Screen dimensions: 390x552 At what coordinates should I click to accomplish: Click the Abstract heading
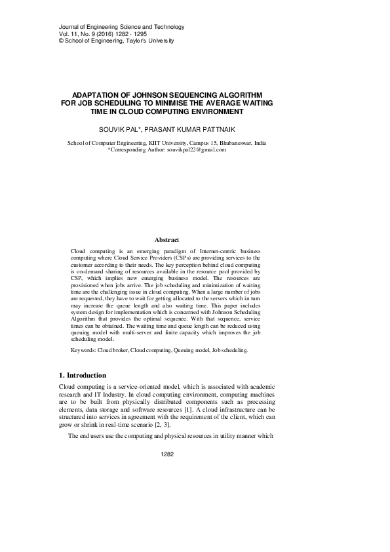166,241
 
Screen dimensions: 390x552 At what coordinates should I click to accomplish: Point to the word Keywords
82,351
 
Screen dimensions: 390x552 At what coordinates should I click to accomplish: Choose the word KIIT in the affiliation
161,142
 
